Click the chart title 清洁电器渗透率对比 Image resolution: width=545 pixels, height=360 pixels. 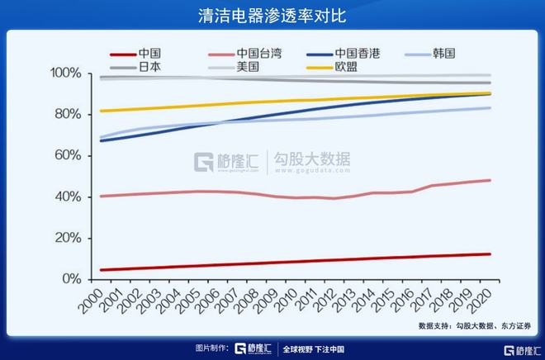coord(272,15)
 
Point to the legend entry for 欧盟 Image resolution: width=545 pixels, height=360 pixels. coord(346,67)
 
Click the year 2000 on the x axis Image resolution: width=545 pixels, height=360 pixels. coord(92,298)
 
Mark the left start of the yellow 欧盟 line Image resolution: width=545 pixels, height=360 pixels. coord(100,111)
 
